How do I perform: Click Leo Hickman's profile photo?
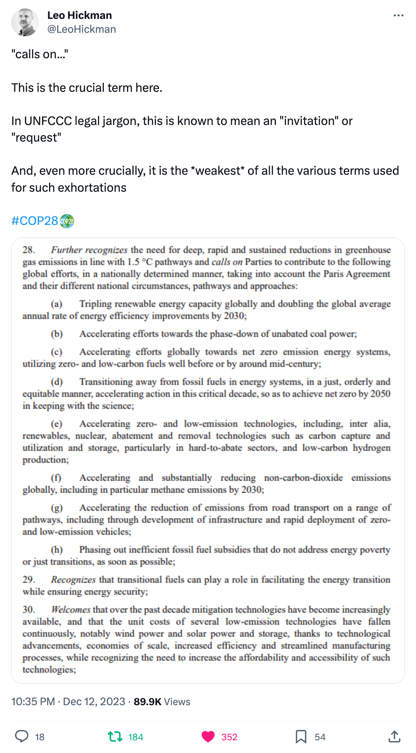[25, 22]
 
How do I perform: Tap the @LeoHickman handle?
[81, 29]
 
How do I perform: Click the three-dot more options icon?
[398, 15]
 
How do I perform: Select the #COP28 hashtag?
[35, 221]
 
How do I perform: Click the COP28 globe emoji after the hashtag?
[67, 221]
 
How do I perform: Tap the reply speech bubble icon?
[22, 736]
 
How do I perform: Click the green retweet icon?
[115, 736]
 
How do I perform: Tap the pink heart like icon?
[208, 736]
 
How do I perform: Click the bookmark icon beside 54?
[301, 736]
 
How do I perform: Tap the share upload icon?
[394, 736]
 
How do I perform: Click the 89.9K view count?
[147, 701]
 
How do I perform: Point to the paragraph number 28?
[29, 250]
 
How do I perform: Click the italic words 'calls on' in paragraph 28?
[227, 262]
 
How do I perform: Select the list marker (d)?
[57, 382]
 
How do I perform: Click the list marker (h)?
[57, 550]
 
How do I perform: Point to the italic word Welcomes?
[71, 609]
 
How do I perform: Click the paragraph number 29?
[29, 580]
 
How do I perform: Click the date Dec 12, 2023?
[94, 701]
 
